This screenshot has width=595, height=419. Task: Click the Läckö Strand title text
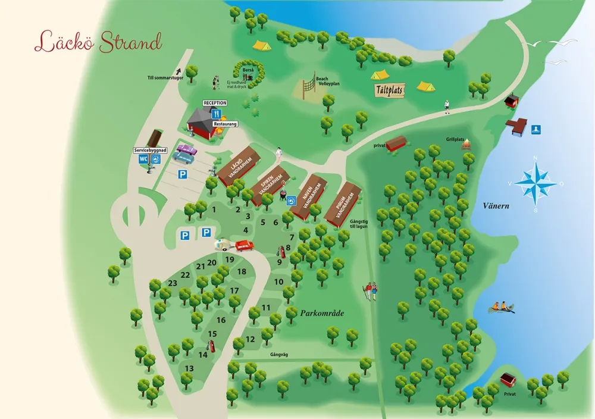tap(98, 42)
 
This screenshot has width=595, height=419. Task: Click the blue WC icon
tap(143, 159)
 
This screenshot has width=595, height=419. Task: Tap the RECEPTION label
tap(215, 103)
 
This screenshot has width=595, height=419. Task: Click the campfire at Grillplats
tap(466, 144)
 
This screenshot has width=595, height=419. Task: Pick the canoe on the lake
tap(501, 308)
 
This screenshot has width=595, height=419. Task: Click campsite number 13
tap(189, 368)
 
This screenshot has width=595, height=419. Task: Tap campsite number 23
tap(173, 283)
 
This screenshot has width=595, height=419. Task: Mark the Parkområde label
tap(322, 313)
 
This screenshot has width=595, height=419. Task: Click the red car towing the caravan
tap(243, 245)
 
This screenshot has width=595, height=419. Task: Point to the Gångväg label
tap(278, 354)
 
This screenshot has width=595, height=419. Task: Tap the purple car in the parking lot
tap(187, 149)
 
